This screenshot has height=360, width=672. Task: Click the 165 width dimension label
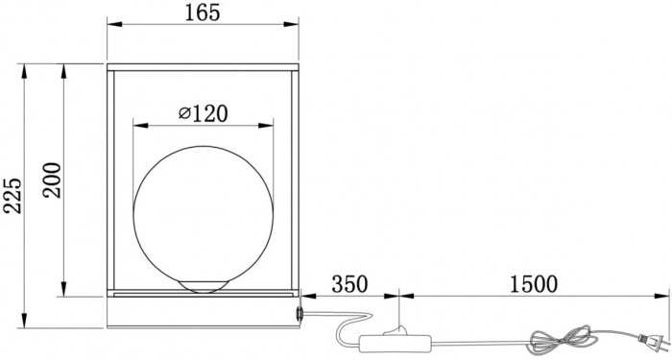point(203,12)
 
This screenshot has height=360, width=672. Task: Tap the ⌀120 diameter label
point(204,113)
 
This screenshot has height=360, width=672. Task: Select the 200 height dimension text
point(52,180)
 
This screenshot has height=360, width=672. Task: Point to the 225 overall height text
point(12,196)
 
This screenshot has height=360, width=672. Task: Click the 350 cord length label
point(349,284)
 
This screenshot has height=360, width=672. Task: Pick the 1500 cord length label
point(534,284)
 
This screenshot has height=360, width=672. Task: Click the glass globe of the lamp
point(204,215)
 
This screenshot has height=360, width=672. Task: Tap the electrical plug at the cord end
point(654,342)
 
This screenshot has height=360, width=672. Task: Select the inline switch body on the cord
point(395,344)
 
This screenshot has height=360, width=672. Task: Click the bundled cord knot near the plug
point(563,340)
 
